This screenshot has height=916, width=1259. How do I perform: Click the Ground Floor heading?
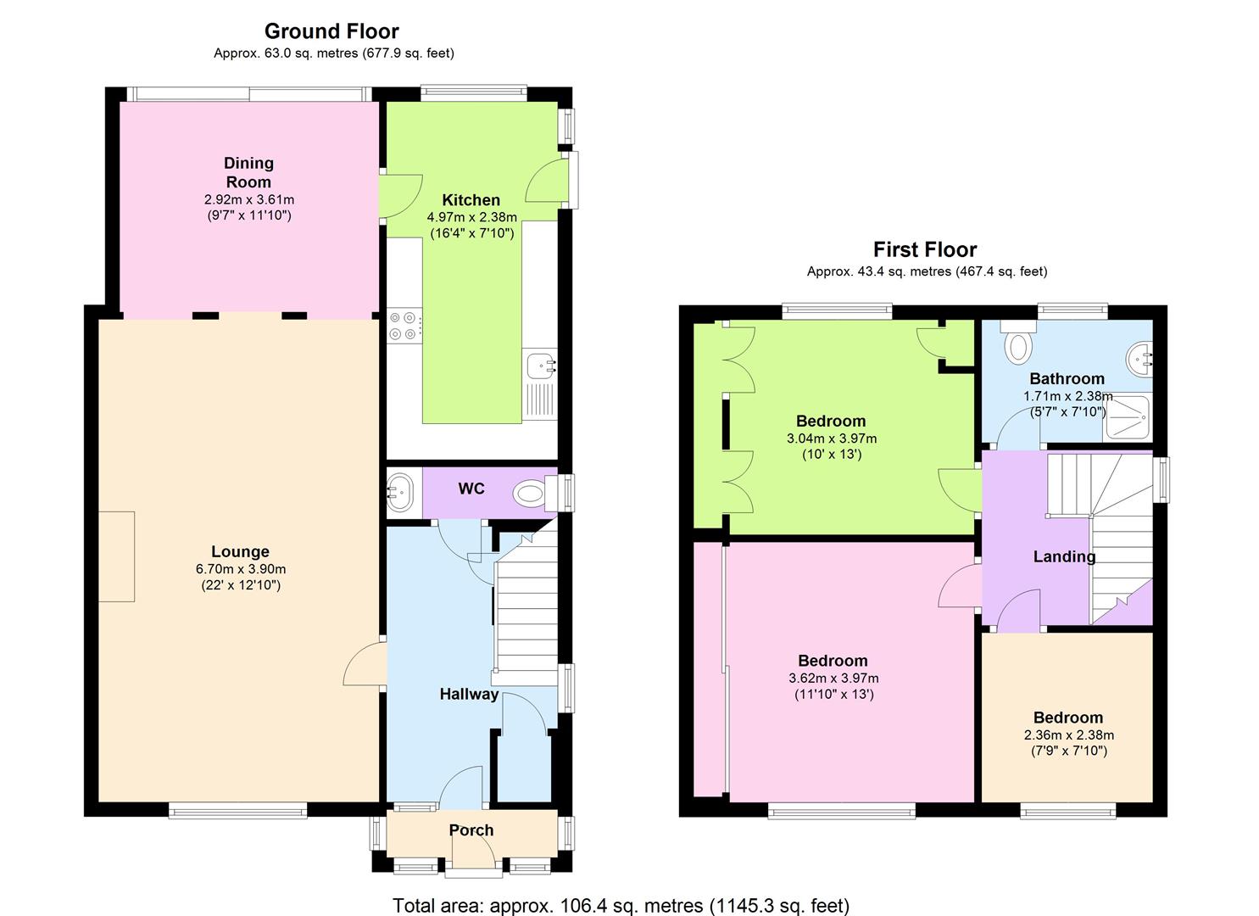click(x=331, y=31)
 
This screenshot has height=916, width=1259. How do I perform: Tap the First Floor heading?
click(x=925, y=249)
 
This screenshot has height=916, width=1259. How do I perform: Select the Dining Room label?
click(x=248, y=172)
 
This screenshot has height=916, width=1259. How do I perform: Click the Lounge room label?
click(x=240, y=551)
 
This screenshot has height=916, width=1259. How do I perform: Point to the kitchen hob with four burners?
click(x=404, y=326)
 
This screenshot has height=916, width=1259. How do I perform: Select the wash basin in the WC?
click(x=399, y=491)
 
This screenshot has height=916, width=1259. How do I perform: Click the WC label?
click(x=471, y=489)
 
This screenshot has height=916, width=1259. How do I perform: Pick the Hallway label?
click(x=469, y=694)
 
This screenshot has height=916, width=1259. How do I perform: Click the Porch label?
click(x=471, y=830)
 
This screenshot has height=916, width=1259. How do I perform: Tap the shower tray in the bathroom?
click(x=1126, y=417)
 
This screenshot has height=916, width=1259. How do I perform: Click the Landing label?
click(x=1064, y=556)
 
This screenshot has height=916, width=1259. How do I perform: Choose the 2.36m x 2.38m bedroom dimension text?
click(x=1069, y=734)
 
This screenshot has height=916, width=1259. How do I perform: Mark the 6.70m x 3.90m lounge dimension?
click(x=240, y=569)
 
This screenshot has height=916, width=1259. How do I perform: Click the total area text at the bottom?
click(x=621, y=905)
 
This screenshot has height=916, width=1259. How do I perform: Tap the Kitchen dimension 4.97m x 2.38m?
click(x=471, y=217)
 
